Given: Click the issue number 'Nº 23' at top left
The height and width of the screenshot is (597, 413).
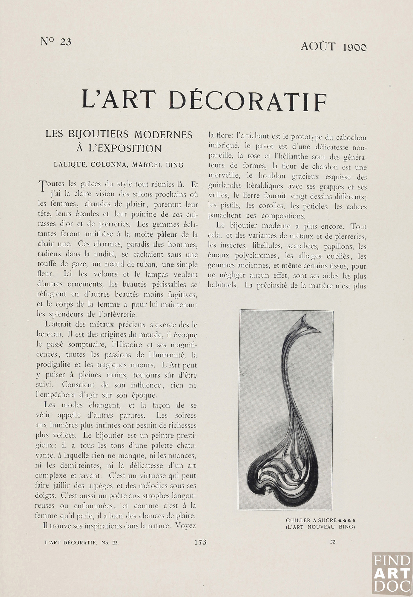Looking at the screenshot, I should point(56,42).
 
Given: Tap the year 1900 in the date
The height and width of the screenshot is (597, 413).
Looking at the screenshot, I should point(354,47).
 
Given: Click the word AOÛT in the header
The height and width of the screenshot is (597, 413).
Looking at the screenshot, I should point(318,47).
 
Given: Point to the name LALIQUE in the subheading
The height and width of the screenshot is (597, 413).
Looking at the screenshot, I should point(68,165).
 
